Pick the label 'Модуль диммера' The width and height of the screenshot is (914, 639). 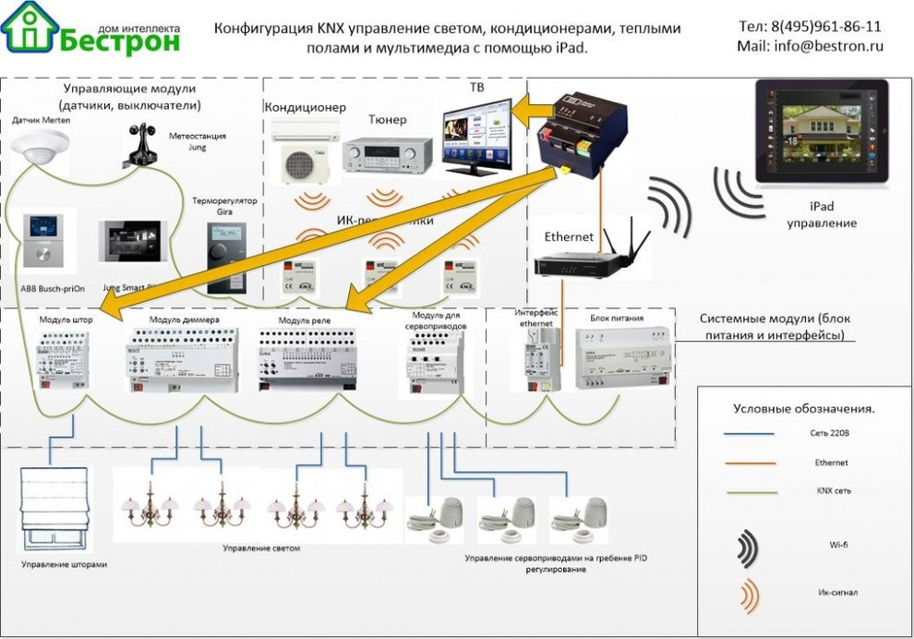[x=185, y=320]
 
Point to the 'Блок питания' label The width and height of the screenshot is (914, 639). [x=617, y=318]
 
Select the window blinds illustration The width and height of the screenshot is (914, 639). [x=54, y=509]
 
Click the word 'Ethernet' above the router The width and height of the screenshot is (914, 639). [x=569, y=237]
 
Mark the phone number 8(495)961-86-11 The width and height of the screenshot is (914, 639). [x=811, y=27]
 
